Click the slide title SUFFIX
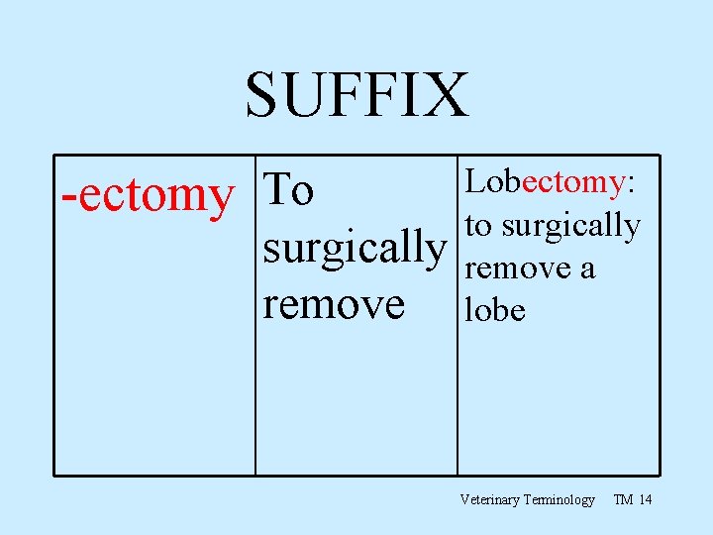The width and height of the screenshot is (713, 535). coord(356,96)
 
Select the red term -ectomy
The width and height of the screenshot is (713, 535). coord(146,195)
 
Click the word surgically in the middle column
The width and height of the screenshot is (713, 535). coord(355,248)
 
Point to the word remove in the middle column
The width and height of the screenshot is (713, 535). coord(334,303)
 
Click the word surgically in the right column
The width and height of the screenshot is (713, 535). coord(570,227)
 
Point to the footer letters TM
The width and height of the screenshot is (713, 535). coord(624,500)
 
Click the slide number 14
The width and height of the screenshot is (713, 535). coord(646,500)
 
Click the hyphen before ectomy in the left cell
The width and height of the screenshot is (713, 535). coord(67,197)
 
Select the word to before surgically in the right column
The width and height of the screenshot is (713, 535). coord(478,227)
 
